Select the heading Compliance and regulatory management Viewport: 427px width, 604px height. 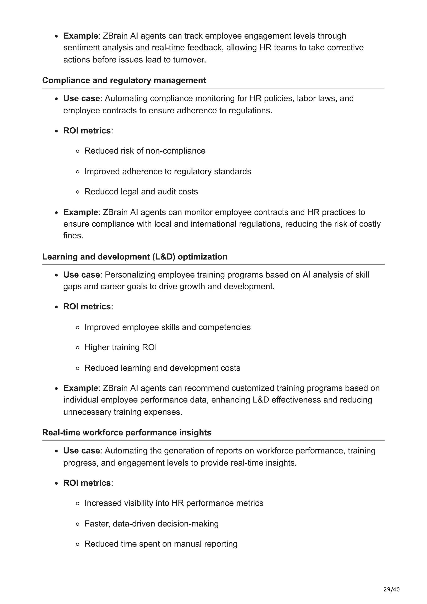coord(124,80)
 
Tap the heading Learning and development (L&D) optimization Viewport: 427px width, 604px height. coord(135,257)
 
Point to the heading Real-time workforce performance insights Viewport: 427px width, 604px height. coord(127,432)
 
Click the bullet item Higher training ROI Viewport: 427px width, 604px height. coord(121,347)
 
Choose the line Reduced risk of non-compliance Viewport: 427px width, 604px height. coord(145,151)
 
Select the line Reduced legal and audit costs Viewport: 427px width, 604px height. coord(141,192)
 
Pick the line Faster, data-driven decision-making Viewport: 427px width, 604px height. coord(151,524)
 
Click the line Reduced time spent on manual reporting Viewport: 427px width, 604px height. coord(161,544)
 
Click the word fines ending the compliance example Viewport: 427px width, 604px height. coord(73,236)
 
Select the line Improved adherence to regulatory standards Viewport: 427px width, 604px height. coord(168,172)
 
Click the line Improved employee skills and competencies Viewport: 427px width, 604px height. coord(167,327)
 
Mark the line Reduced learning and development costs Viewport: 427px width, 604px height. coord(162,368)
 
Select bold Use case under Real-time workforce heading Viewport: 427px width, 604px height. coord(82,451)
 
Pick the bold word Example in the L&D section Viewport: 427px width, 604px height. coord(80,388)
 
